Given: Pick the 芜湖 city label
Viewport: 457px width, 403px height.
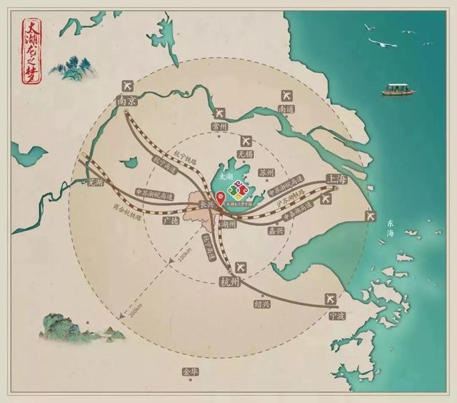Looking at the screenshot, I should click(x=94, y=182).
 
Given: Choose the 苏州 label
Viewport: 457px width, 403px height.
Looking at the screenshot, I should click(x=266, y=172).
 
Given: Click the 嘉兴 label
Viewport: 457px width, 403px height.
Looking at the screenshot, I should click(x=275, y=231).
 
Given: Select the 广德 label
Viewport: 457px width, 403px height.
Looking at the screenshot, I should click(x=170, y=221).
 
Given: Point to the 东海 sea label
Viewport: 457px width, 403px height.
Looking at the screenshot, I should click(x=389, y=229).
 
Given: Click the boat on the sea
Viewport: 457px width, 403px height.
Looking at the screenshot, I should click(x=396, y=90).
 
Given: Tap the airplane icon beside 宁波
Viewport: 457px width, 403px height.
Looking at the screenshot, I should click(x=329, y=297).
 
